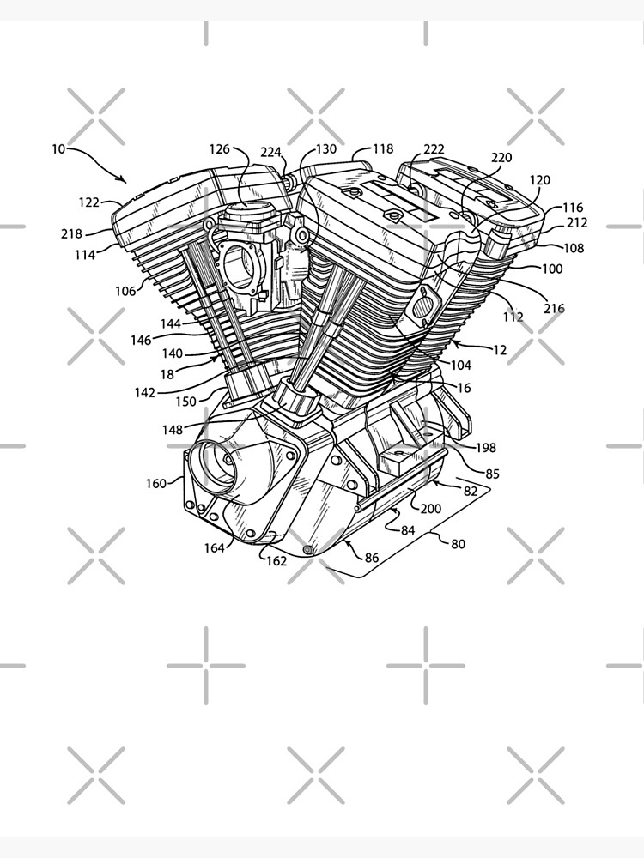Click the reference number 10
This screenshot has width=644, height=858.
pyautogui.click(x=58, y=148)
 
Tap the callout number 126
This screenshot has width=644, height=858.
pyautogui.click(x=220, y=148)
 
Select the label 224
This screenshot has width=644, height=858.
pyautogui.click(x=270, y=152)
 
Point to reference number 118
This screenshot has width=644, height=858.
pyautogui.click(x=383, y=148)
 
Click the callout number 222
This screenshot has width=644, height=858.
pyautogui.click(x=434, y=148)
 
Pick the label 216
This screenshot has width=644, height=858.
pyautogui.click(x=554, y=309)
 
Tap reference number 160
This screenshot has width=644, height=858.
pyautogui.click(x=155, y=484)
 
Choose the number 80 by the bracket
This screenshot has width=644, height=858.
pyautogui.click(x=459, y=544)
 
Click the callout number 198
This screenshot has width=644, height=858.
pyautogui.click(x=486, y=448)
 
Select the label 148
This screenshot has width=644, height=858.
pyautogui.click(x=173, y=430)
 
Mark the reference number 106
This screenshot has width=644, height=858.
pyautogui.click(x=125, y=291)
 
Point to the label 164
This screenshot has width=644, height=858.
pyautogui.click(x=214, y=547)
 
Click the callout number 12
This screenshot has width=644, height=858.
pyautogui.click(x=500, y=350)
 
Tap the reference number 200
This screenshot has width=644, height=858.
pyautogui.click(x=430, y=509)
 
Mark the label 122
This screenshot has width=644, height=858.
pyautogui.click(x=88, y=202)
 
